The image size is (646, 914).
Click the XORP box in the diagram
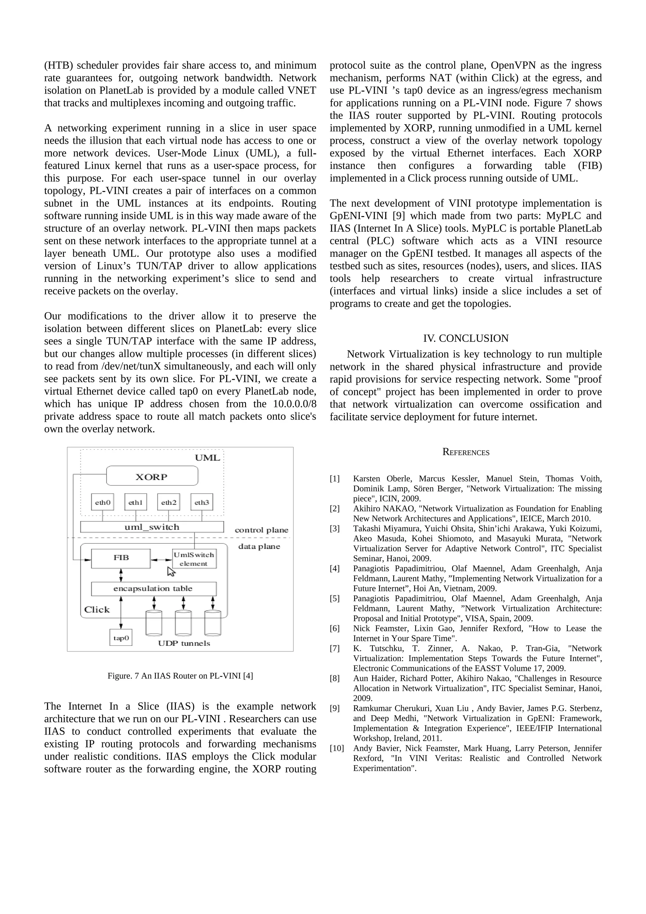[152, 476]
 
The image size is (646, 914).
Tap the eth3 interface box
[202, 502]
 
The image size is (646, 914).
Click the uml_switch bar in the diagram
[152, 527]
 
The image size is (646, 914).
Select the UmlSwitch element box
[194, 559]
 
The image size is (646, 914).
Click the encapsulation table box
[153, 589]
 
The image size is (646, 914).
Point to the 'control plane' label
[261, 530]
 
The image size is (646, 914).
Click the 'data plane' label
[259, 547]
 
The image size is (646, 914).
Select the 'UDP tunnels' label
[184, 643]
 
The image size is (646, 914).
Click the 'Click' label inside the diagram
[97, 609]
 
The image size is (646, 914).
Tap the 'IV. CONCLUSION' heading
[465, 338]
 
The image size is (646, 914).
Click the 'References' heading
[466, 452]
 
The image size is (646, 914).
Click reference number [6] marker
[334, 628]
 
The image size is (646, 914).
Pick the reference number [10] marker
[336, 748]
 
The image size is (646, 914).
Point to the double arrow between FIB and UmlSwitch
[161, 560]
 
